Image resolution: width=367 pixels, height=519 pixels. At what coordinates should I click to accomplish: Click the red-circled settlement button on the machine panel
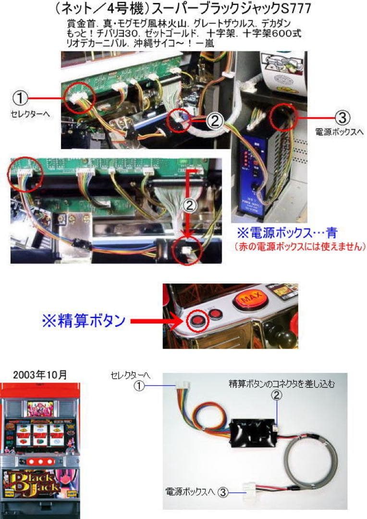click(197, 321)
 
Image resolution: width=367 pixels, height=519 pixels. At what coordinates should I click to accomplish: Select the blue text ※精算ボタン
click(85, 321)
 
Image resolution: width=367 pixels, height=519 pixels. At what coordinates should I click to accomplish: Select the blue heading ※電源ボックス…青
click(287, 234)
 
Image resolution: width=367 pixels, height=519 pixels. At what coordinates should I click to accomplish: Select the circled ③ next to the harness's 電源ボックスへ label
click(222, 492)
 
